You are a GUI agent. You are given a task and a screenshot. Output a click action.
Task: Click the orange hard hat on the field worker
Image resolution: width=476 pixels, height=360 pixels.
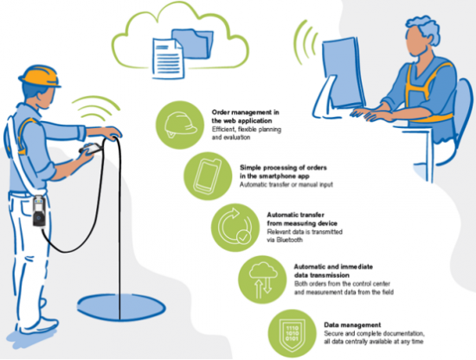tap(39, 76)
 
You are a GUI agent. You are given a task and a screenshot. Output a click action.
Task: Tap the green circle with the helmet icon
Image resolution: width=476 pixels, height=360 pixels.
tap(180, 125)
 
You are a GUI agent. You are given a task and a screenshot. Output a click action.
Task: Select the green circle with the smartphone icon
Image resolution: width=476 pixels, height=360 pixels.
tap(208, 176)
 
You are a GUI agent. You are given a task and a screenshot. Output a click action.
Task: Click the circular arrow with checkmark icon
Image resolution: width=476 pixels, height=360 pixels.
tap(235, 227)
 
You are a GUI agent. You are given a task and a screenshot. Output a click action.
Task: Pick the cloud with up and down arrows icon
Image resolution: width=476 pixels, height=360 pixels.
tap(263, 280)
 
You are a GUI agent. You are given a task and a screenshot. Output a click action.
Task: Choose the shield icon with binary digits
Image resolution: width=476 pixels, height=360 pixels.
tap(292, 333)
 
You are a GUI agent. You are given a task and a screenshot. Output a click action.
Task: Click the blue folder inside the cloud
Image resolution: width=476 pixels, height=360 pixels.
tap(194, 43)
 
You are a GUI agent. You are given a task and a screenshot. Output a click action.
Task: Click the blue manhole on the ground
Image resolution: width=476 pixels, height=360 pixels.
tap(121, 307)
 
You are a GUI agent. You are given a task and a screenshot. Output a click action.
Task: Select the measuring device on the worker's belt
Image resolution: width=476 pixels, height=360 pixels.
tap(40, 211)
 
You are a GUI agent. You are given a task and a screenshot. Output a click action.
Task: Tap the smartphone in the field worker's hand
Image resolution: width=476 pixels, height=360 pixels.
tap(91, 148)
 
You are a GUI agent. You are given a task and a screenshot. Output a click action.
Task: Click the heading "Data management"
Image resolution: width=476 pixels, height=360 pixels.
tap(352, 325)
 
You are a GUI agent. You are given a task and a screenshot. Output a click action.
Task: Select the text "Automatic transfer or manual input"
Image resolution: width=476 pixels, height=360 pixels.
tap(286, 184)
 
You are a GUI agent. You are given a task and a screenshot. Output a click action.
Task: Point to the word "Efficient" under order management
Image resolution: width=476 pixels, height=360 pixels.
tap(223, 130)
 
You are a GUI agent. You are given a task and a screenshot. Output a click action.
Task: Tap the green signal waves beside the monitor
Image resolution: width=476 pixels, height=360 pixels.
tap(306, 42)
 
